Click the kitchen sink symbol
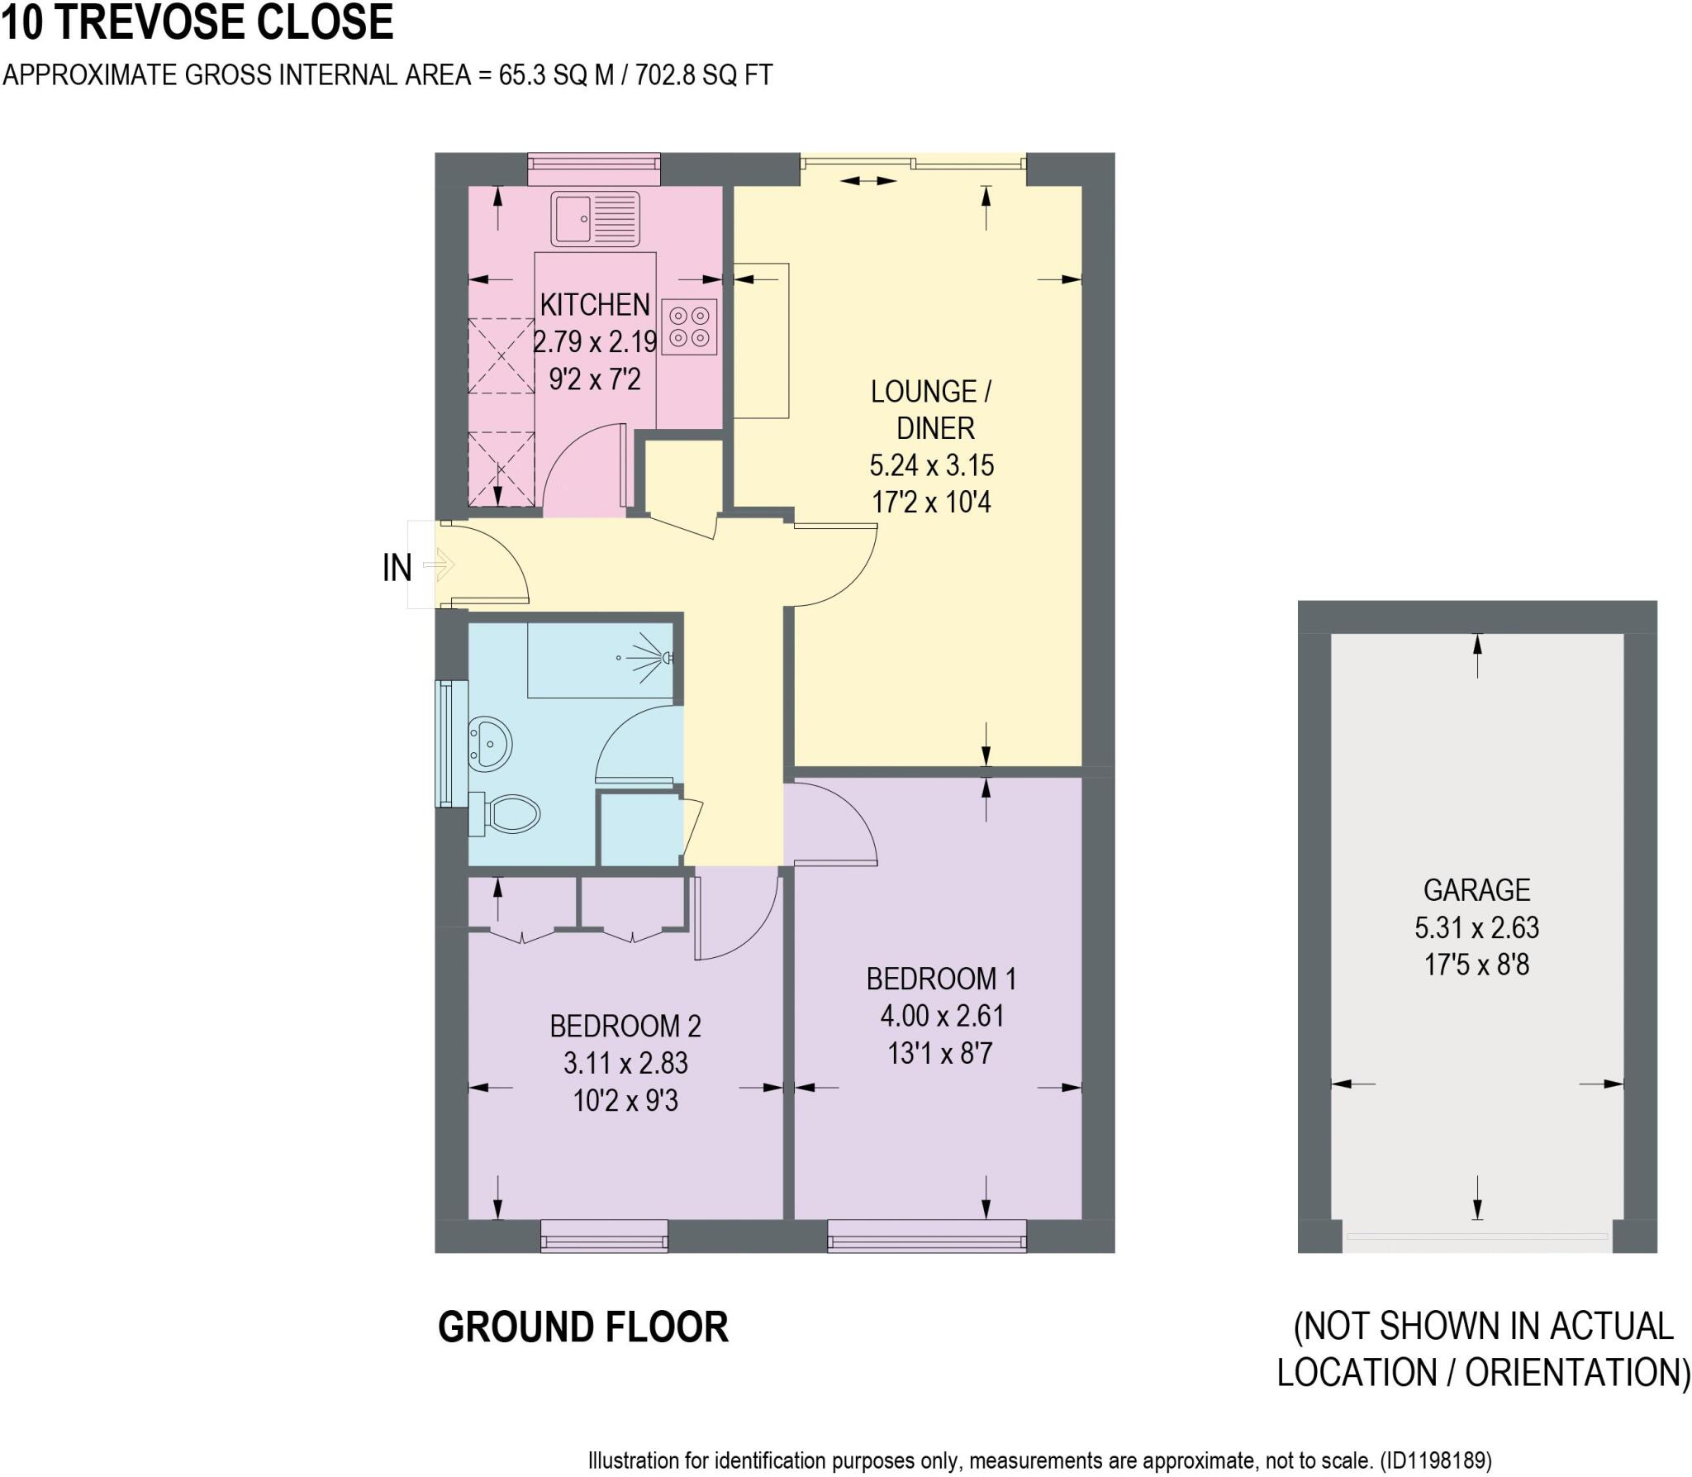pyautogui.click(x=596, y=219)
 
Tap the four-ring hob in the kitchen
pyautogui.click(x=689, y=326)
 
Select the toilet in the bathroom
pyautogui.click(x=506, y=815)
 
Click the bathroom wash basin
pyautogui.click(x=489, y=743)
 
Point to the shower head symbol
pyautogui.click(x=666, y=658)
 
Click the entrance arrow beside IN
pyautogui.click(x=439, y=565)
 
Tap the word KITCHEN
pyautogui.click(x=595, y=305)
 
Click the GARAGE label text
pyautogui.click(x=1476, y=889)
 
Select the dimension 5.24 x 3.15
pyautogui.click(x=931, y=465)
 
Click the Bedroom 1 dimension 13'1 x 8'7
pyautogui.click(x=939, y=1054)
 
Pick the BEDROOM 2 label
pyautogui.click(x=625, y=1026)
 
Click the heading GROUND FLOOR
pyautogui.click(x=582, y=1327)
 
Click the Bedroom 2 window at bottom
pyautogui.click(x=604, y=1236)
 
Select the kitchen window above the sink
pyautogui.click(x=594, y=169)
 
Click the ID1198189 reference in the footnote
pyautogui.click(x=1436, y=1460)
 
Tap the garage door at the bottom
pyautogui.click(x=1476, y=1237)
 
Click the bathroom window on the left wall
pyautogui.click(x=451, y=743)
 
